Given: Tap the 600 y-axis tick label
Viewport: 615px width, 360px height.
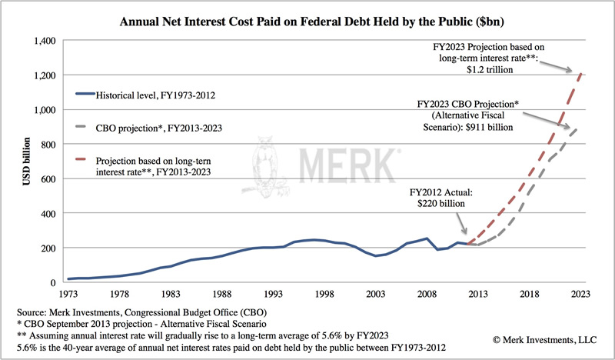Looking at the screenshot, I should (x=47, y=178).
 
